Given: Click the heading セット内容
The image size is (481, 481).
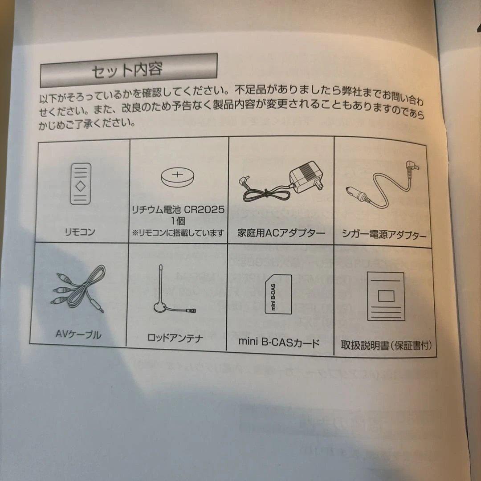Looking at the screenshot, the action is click(127, 70).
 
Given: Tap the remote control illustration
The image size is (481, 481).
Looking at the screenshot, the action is click(81, 183).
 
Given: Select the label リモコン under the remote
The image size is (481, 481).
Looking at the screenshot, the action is click(80, 232).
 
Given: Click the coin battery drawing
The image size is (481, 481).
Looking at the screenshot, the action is click(178, 177).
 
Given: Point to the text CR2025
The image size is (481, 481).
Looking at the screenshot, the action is click(204, 210).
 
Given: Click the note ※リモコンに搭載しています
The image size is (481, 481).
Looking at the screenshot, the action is click(178, 233).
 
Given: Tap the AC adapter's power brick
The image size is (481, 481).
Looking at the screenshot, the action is click(307, 177).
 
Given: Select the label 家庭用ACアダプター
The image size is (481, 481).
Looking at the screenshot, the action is click(281, 233).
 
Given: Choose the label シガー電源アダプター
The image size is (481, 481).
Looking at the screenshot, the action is click(384, 235).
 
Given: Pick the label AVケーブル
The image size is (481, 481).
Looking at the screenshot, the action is click(78, 334).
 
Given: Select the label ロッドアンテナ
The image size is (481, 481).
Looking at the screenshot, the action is click(175, 338).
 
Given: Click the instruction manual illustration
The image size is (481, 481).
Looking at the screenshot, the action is click(386, 296).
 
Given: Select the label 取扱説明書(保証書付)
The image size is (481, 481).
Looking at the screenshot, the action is click(386, 346).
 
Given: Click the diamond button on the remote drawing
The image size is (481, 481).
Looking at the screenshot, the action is click(81, 186).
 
